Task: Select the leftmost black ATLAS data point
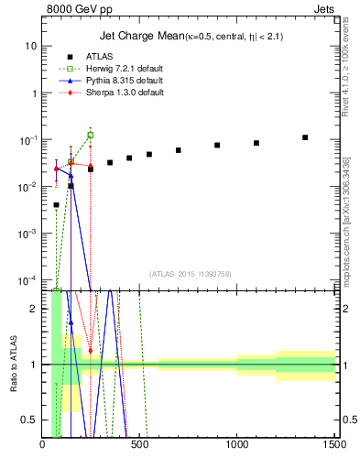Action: coord(56,205)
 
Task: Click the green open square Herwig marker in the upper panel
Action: coord(90,135)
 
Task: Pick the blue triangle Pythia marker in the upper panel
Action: coord(71,175)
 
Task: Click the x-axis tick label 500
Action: coord(139,445)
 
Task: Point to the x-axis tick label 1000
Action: coord(236,445)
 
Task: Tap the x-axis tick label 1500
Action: coord(333,445)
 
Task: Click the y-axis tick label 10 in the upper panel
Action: coord(31,46)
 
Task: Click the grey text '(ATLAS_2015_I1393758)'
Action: coord(190,273)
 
